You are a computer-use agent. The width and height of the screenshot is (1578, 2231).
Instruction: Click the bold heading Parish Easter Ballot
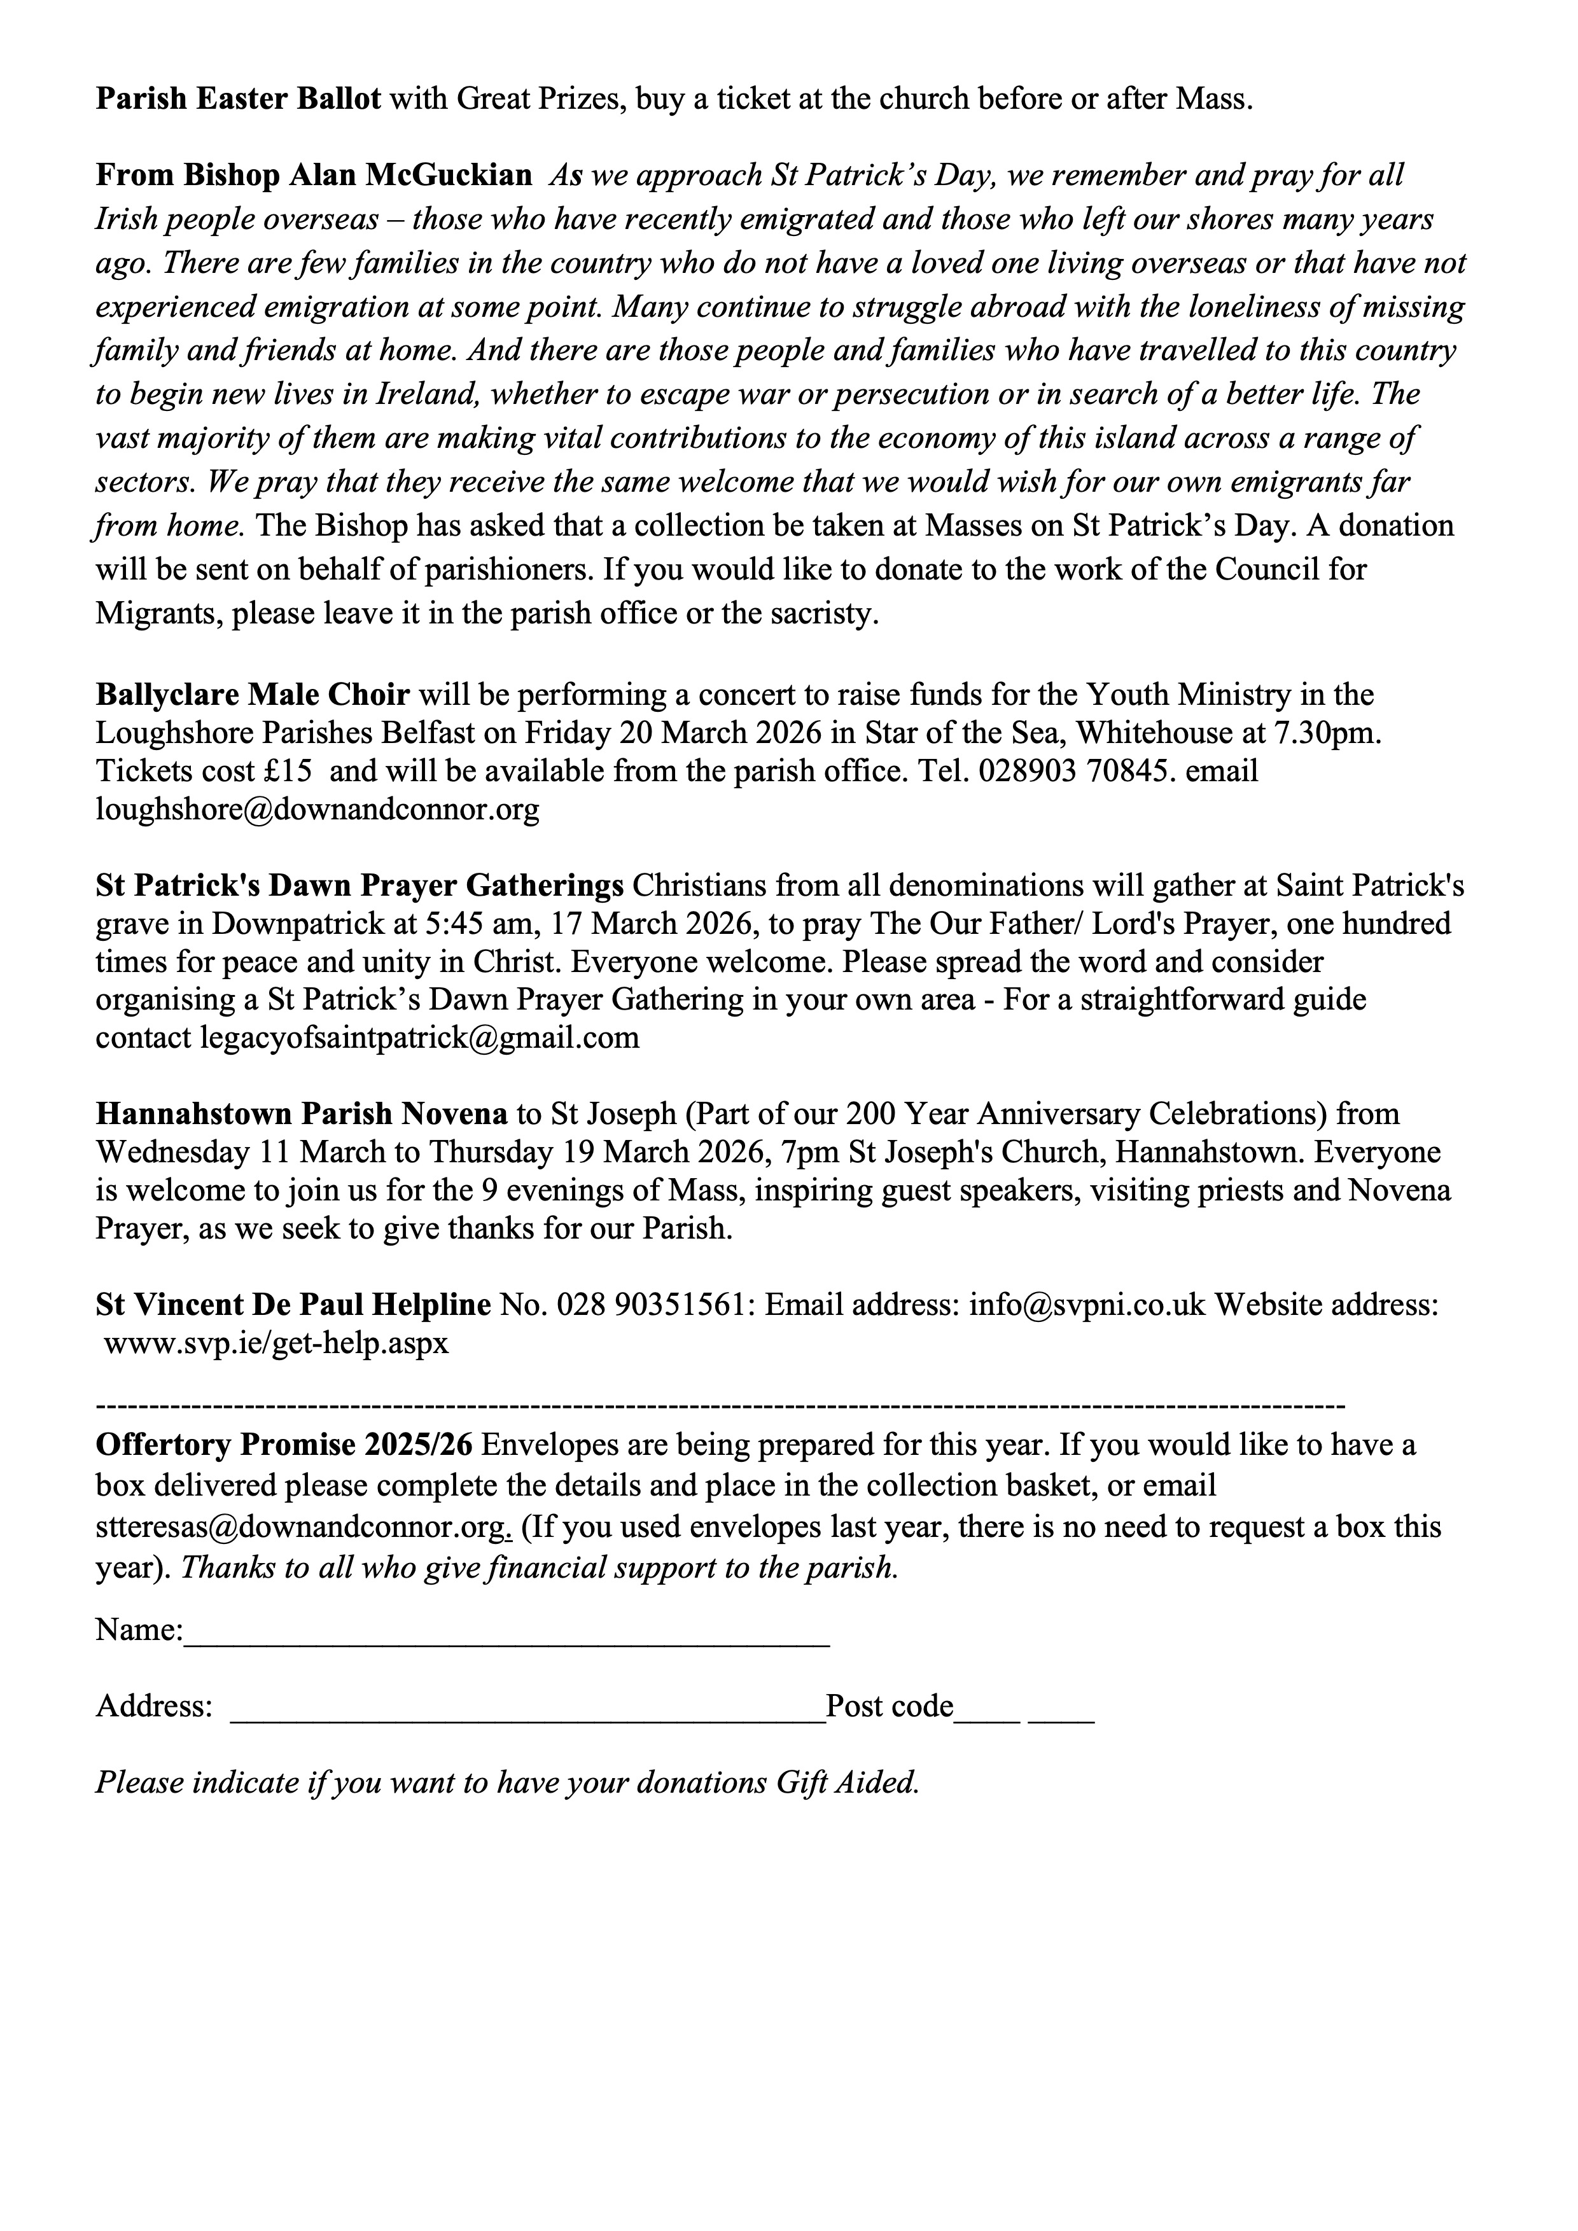pos(238,99)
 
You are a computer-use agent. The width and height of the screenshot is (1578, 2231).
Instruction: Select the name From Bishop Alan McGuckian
pos(313,176)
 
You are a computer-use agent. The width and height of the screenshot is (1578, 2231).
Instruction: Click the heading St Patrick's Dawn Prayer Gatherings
pos(360,886)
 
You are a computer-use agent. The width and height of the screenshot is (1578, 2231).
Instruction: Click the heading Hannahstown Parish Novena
pos(301,1113)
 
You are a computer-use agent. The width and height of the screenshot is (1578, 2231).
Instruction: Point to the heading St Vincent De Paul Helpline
pos(293,1305)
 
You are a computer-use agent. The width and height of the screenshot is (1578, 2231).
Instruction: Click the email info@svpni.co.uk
pos(1086,1305)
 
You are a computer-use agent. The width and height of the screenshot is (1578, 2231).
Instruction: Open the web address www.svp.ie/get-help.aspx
pos(276,1345)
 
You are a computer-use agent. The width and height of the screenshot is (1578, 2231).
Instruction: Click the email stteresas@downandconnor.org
pos(300,1527)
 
